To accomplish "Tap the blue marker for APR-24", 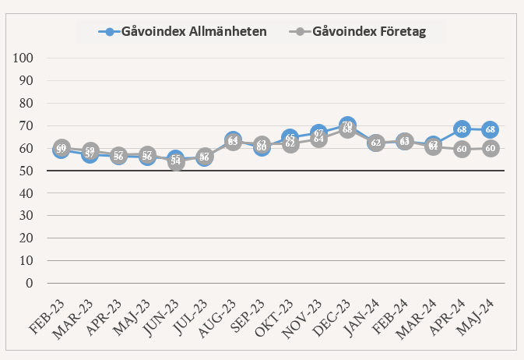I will point(462,129).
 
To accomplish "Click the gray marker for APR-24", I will point(462,149).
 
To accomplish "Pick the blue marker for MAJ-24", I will point(491,129).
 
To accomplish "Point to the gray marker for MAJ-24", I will point(491,148).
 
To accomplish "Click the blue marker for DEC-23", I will point(347,125).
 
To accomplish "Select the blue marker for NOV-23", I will point(318,132).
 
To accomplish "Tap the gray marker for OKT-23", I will point(290,144).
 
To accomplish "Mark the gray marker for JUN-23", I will point(176,162).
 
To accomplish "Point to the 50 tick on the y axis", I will point(26,171).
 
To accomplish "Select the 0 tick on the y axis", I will point(29,284).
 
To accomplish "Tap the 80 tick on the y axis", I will point(26,104).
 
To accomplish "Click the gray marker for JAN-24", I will point(376,143).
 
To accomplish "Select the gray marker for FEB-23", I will point(62,147).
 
